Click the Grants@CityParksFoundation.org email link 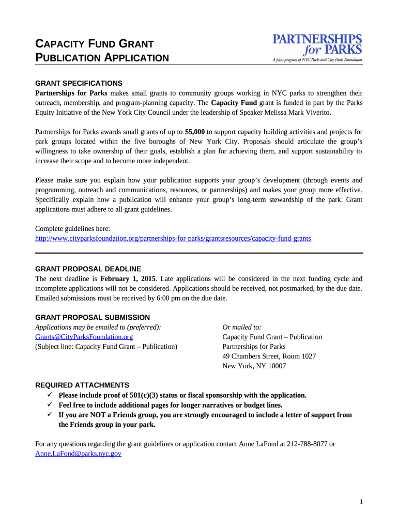pos(84,337)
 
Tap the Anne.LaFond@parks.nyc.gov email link pos(78,454)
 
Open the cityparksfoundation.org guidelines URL pos(173,239)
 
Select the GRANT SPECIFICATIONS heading pos(79,83)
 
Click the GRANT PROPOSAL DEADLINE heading pos(88,269)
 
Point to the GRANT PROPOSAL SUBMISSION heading pos(92,317)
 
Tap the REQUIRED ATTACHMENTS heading pos(82,385)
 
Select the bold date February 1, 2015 pos(128,278)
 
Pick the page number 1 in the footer pos(361,502)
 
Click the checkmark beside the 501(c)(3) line pos(50,395)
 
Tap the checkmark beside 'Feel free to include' pos(50,405)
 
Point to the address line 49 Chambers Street pos(269,356)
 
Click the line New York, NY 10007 pos(254,366)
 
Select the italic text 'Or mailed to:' pos(241,327)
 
